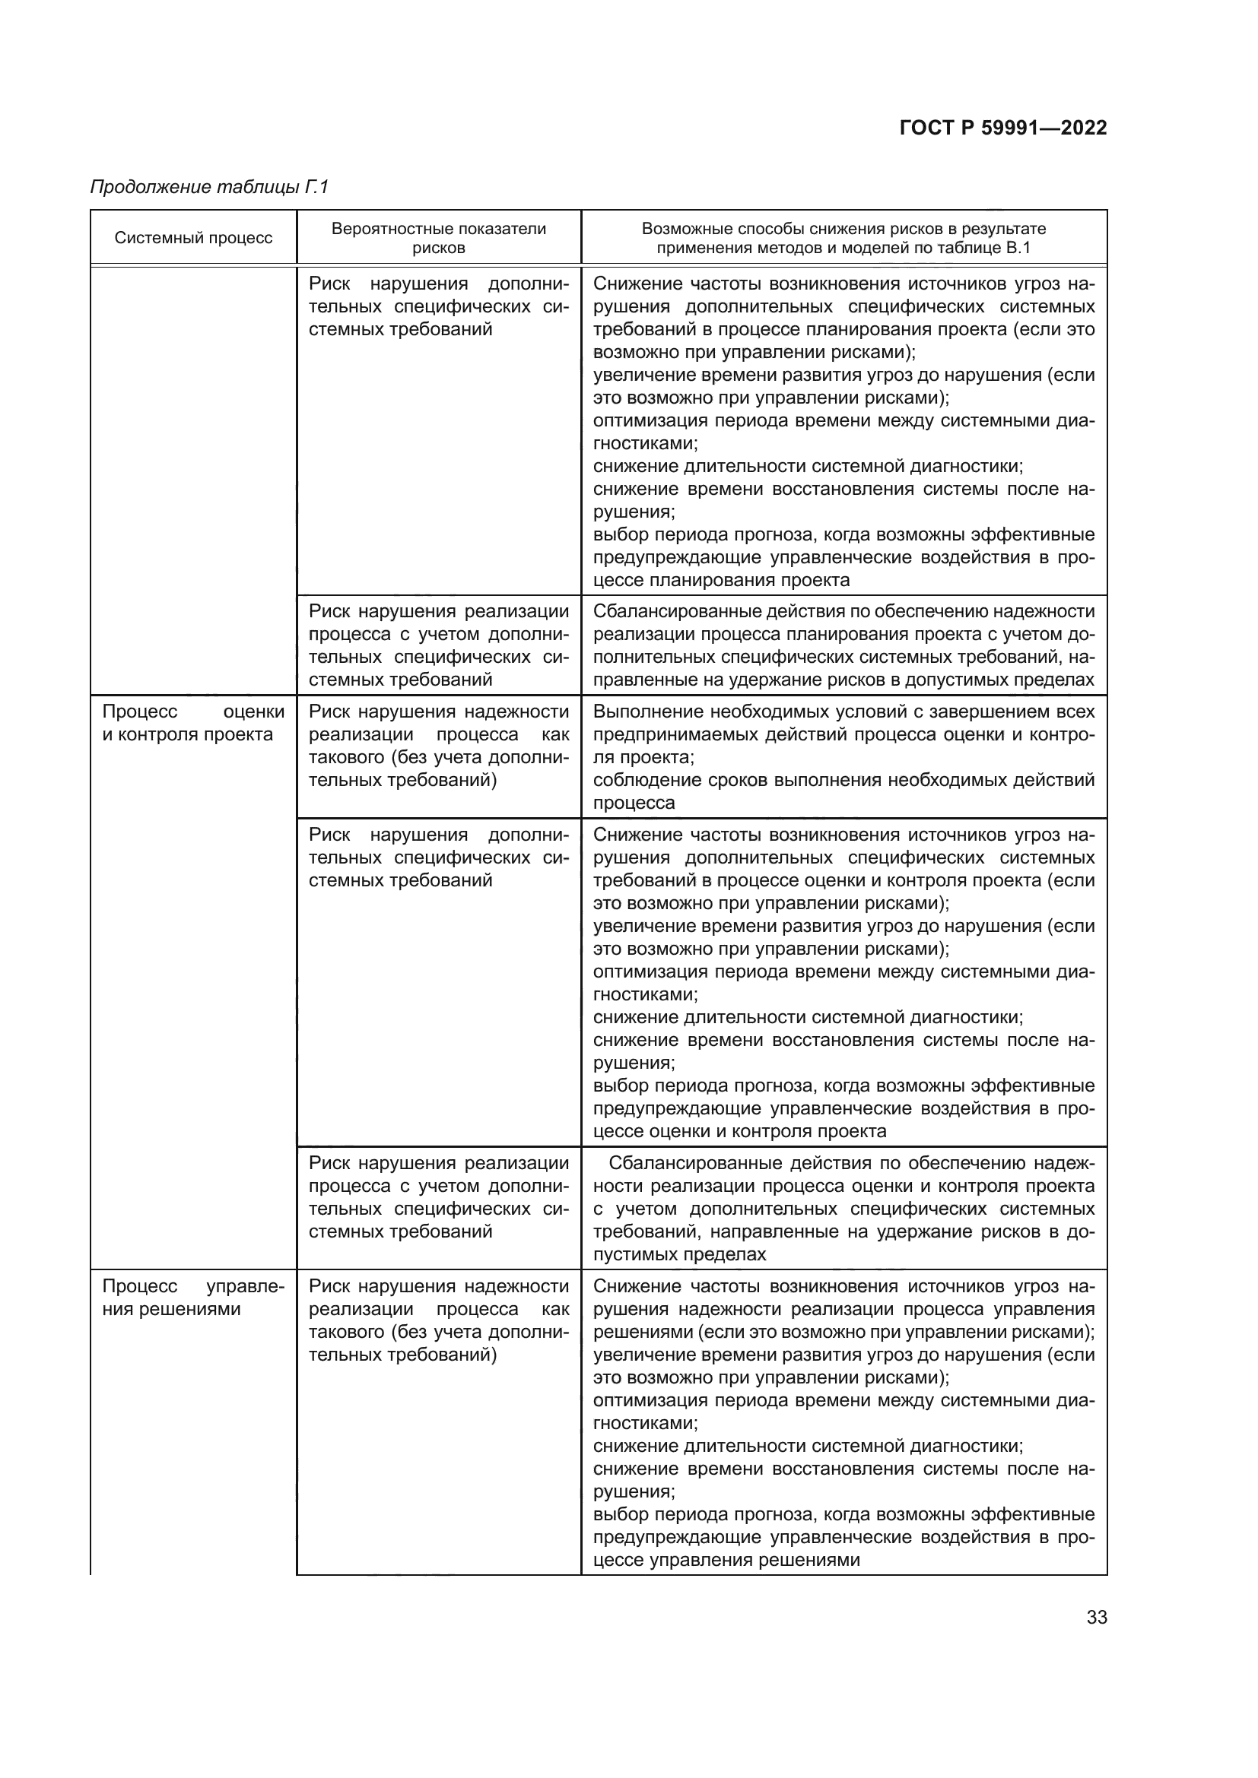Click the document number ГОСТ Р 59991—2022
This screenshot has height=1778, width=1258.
click(1002, 128)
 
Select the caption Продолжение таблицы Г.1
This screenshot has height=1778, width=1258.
click(210, 187)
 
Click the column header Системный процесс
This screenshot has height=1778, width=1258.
click(194, 238)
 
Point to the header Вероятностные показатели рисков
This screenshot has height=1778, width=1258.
click(438, 238)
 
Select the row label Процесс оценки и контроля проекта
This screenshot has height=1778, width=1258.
click(194, 722)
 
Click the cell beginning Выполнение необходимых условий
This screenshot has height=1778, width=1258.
click(843, 756)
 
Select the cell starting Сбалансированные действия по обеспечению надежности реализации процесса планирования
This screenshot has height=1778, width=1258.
click(843, 645)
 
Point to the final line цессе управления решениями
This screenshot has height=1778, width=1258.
click(726, 1561)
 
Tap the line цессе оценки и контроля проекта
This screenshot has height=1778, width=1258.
click(740, 1131)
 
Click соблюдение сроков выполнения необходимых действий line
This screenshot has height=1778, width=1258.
click(843, 780)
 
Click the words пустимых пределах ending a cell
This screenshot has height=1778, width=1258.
click(679, 1254)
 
